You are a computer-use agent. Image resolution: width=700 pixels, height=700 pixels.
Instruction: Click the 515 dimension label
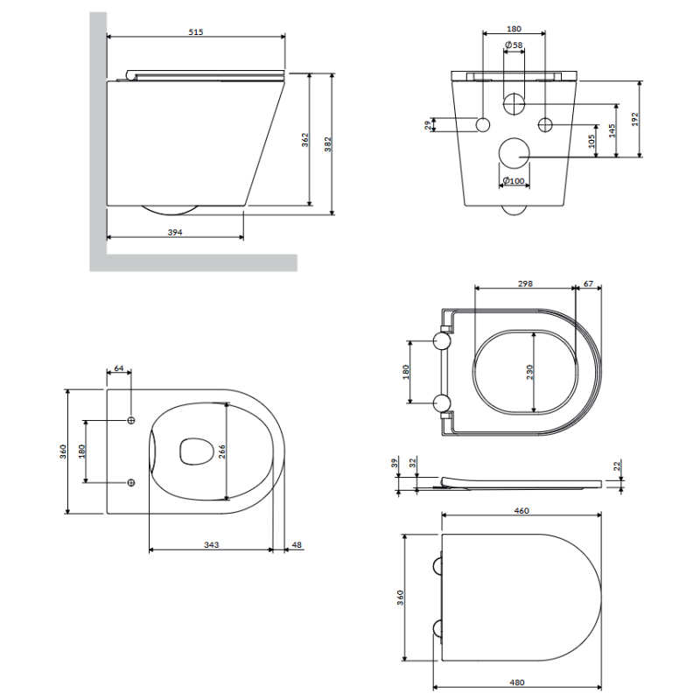[x=195, y=31]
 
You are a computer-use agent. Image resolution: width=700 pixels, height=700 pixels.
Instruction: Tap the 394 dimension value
[x=174, y=232]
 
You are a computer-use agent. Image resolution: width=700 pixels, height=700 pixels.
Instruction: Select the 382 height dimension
[x=328, y=144]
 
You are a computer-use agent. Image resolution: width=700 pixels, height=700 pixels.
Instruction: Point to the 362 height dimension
[x=304, y=140]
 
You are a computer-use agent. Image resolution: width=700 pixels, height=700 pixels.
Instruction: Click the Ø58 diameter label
[x=514, y=45]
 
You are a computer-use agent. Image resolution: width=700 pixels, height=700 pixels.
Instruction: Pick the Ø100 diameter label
[x=514, y=181]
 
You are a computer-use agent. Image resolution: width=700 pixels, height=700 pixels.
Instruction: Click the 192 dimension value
[x=635, y=119]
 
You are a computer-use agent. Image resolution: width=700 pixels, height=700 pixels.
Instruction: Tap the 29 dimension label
[x=428, y=125]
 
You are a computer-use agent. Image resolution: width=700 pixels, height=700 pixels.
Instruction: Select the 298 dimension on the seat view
[x=525, y=283]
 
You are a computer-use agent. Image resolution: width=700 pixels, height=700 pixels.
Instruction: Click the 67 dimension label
[x=588, y=283]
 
